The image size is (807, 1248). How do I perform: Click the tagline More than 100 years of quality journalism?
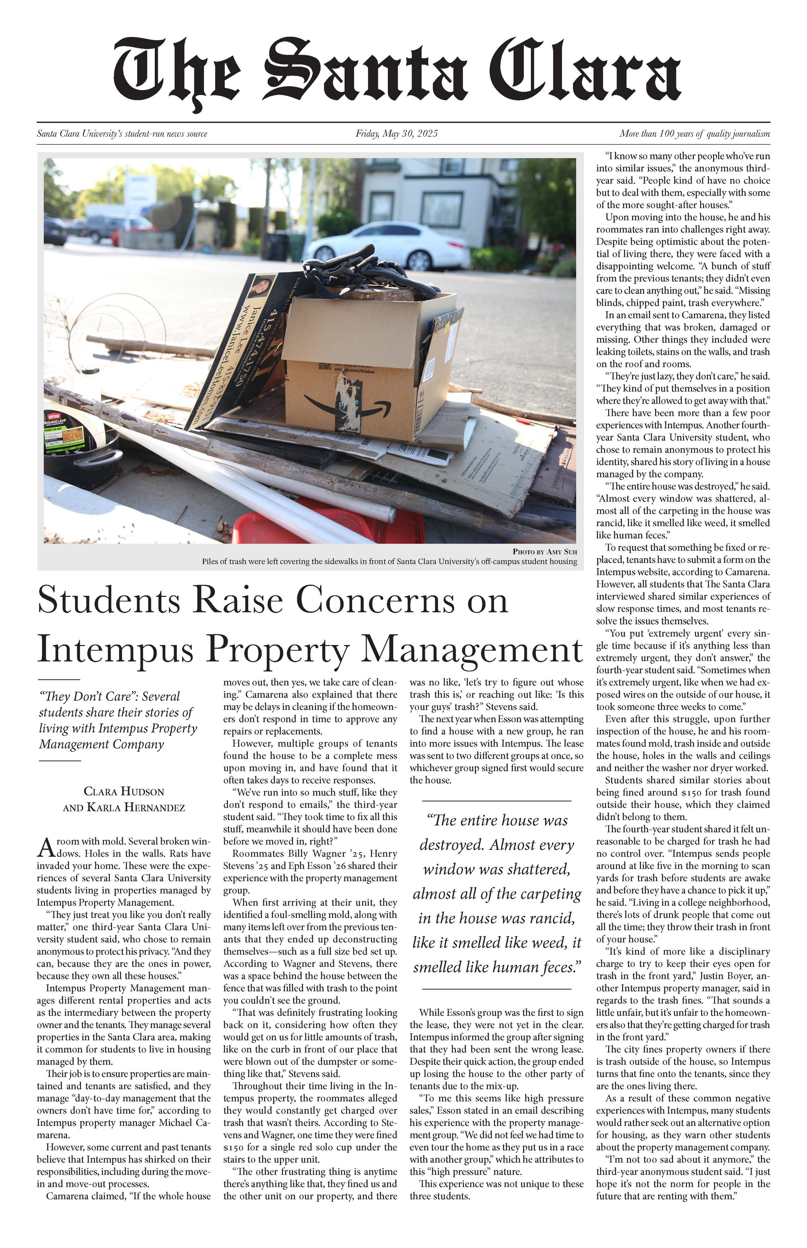pos(694,134)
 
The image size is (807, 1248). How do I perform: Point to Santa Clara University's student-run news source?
pos(122,134)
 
